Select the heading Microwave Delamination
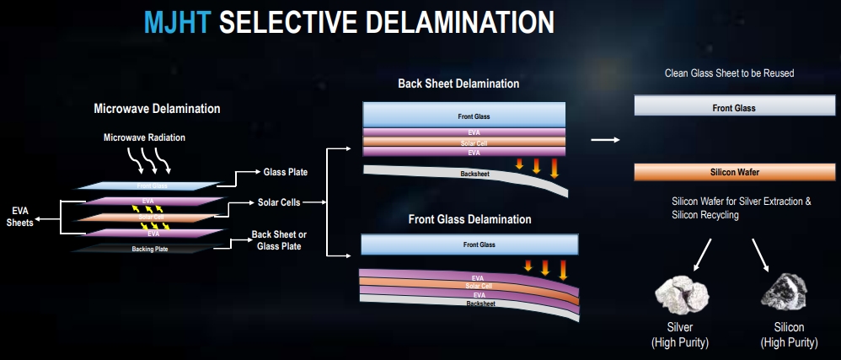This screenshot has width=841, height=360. (157, 109)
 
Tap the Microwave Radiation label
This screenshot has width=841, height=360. (144, 138)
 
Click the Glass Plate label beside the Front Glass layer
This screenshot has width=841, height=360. (286, 172)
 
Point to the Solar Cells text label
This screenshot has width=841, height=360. (279, 203)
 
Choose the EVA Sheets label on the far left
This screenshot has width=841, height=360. (20, 217)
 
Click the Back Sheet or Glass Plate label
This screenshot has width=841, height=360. (279, 241)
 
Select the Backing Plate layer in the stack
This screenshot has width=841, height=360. (150, 249)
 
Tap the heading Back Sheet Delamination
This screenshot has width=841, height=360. (458, 84)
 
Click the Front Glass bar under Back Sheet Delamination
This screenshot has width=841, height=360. (464, 115)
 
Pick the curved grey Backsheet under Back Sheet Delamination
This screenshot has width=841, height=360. (465, 177)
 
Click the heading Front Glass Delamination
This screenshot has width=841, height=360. (470, 219)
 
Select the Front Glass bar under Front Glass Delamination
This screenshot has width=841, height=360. (470, 244)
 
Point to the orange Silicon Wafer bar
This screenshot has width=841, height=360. (735, 172)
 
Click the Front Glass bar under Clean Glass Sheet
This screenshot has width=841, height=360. (735, 105)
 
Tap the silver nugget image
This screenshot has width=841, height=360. (682, 294)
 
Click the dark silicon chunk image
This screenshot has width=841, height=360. (785, 293)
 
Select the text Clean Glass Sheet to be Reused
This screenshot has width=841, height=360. (730, 73)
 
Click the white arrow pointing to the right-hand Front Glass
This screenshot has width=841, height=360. (605, 140)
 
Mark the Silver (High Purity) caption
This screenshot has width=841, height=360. (680, 335)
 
